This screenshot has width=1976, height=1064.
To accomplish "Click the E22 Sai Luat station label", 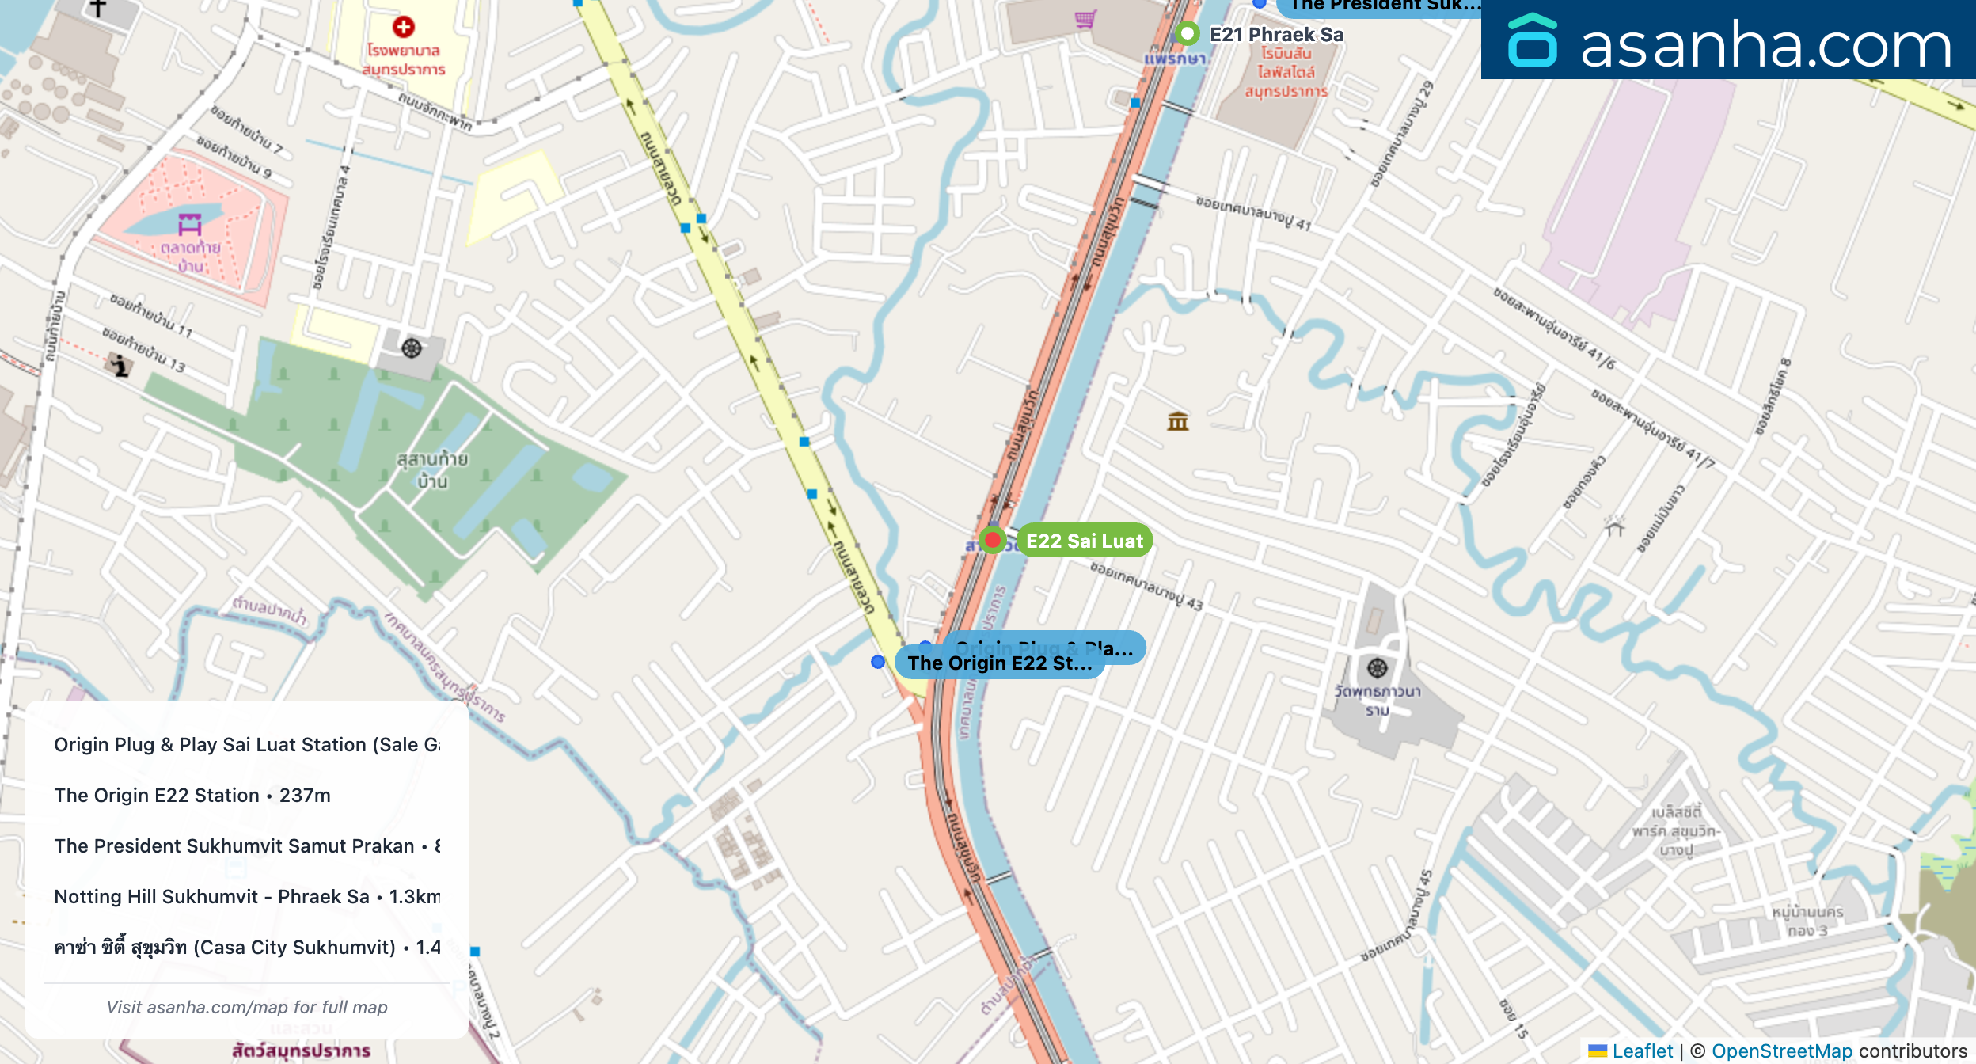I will click(1084, 541).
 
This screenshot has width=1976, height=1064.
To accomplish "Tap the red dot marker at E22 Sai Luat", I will click(992, 540).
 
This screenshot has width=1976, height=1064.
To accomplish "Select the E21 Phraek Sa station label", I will click(1276, 35).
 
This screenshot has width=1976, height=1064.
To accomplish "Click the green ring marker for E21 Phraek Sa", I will click(1187, 33).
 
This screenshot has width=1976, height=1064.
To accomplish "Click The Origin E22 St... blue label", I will click(999, 663).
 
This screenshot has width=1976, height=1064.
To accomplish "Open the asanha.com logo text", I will click(1765, 44).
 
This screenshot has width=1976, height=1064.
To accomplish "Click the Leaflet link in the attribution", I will click(1642, 1051).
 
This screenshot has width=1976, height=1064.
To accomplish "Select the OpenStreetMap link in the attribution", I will click(1781, 1051).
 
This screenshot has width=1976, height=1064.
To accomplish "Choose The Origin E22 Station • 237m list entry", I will click(192, 795).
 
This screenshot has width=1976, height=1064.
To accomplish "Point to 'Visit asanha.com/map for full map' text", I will click(247, 1007).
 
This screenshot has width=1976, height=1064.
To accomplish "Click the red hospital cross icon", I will click(404, 27).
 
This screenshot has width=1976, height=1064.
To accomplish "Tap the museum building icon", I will click(1178, 421).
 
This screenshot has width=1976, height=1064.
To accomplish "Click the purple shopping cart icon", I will click(1085, 19).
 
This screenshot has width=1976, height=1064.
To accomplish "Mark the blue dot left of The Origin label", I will click(878, 662).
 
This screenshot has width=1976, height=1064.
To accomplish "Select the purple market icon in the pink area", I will click(190, 224).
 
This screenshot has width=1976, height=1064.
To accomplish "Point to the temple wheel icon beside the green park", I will click(412, 348).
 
